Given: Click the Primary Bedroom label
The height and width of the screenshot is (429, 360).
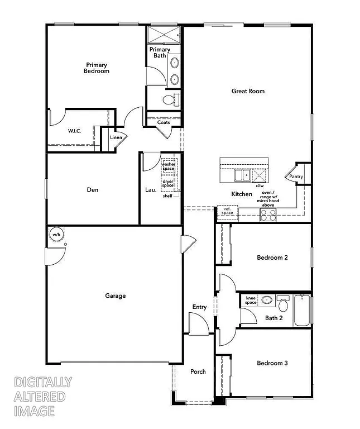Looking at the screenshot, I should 97,68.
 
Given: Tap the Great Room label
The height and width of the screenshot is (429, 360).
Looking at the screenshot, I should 248,91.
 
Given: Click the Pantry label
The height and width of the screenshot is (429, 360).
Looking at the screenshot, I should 296,177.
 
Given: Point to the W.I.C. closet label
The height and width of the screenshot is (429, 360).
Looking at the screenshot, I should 75,131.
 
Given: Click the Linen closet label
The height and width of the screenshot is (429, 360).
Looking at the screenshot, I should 116,137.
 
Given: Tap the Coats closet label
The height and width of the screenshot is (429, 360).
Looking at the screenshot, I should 164,122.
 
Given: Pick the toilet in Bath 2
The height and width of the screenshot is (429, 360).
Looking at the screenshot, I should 283,305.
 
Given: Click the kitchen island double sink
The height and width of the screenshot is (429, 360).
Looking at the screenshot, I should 242,175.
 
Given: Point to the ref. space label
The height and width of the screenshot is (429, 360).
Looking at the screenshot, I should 227,211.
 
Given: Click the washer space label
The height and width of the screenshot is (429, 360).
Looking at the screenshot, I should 169,166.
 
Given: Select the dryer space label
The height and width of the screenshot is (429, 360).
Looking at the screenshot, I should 168,183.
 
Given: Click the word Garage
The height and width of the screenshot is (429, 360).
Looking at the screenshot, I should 116,296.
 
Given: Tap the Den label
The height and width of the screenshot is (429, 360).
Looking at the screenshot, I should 93,190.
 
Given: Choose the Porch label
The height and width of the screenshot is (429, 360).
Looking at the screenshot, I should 198,371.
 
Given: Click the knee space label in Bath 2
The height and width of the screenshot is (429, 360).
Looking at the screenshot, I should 251,301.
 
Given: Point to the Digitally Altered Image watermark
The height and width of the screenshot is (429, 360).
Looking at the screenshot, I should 42,397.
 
